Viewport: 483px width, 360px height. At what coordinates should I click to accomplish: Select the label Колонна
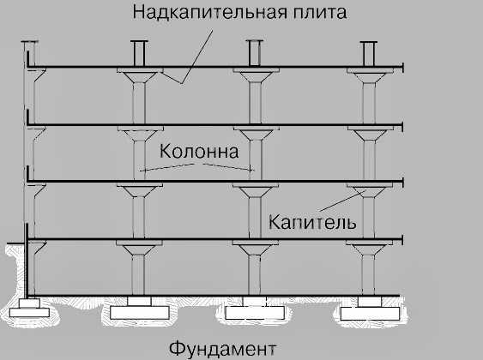(x=199, y=152)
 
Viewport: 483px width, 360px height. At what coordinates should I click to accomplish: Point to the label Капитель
(x=312, y=221)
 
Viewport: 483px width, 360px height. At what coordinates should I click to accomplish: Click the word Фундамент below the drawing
(x=222, y=349)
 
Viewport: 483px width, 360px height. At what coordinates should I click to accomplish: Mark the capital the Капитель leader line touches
(x=370, y=192)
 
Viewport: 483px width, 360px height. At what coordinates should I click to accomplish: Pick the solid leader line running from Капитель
(x=343, y=201)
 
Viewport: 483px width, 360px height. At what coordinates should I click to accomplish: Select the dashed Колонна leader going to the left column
(x=167, y=167)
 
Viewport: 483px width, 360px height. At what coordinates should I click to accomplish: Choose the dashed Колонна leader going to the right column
(x=228, y=167)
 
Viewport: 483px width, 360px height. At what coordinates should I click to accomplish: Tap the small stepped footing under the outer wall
(x=29, y=308)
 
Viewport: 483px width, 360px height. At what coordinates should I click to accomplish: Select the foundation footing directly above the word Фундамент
(x=255, y=309)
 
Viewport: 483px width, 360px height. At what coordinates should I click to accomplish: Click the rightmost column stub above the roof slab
(x=369, y=54)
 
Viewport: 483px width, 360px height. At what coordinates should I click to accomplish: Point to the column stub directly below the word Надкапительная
(x=139, y=53)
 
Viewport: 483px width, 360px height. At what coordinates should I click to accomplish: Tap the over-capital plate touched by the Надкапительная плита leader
(x=140, y=70)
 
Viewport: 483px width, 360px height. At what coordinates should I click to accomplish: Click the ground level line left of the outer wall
(x=15, y=244)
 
